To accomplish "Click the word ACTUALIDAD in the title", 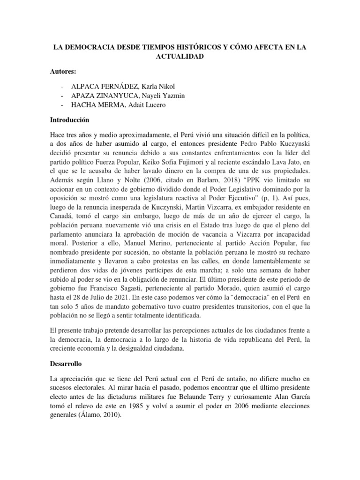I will pyautogui.click(x=180, y=56).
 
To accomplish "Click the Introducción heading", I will pyautogui.click(x=69, y=120).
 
